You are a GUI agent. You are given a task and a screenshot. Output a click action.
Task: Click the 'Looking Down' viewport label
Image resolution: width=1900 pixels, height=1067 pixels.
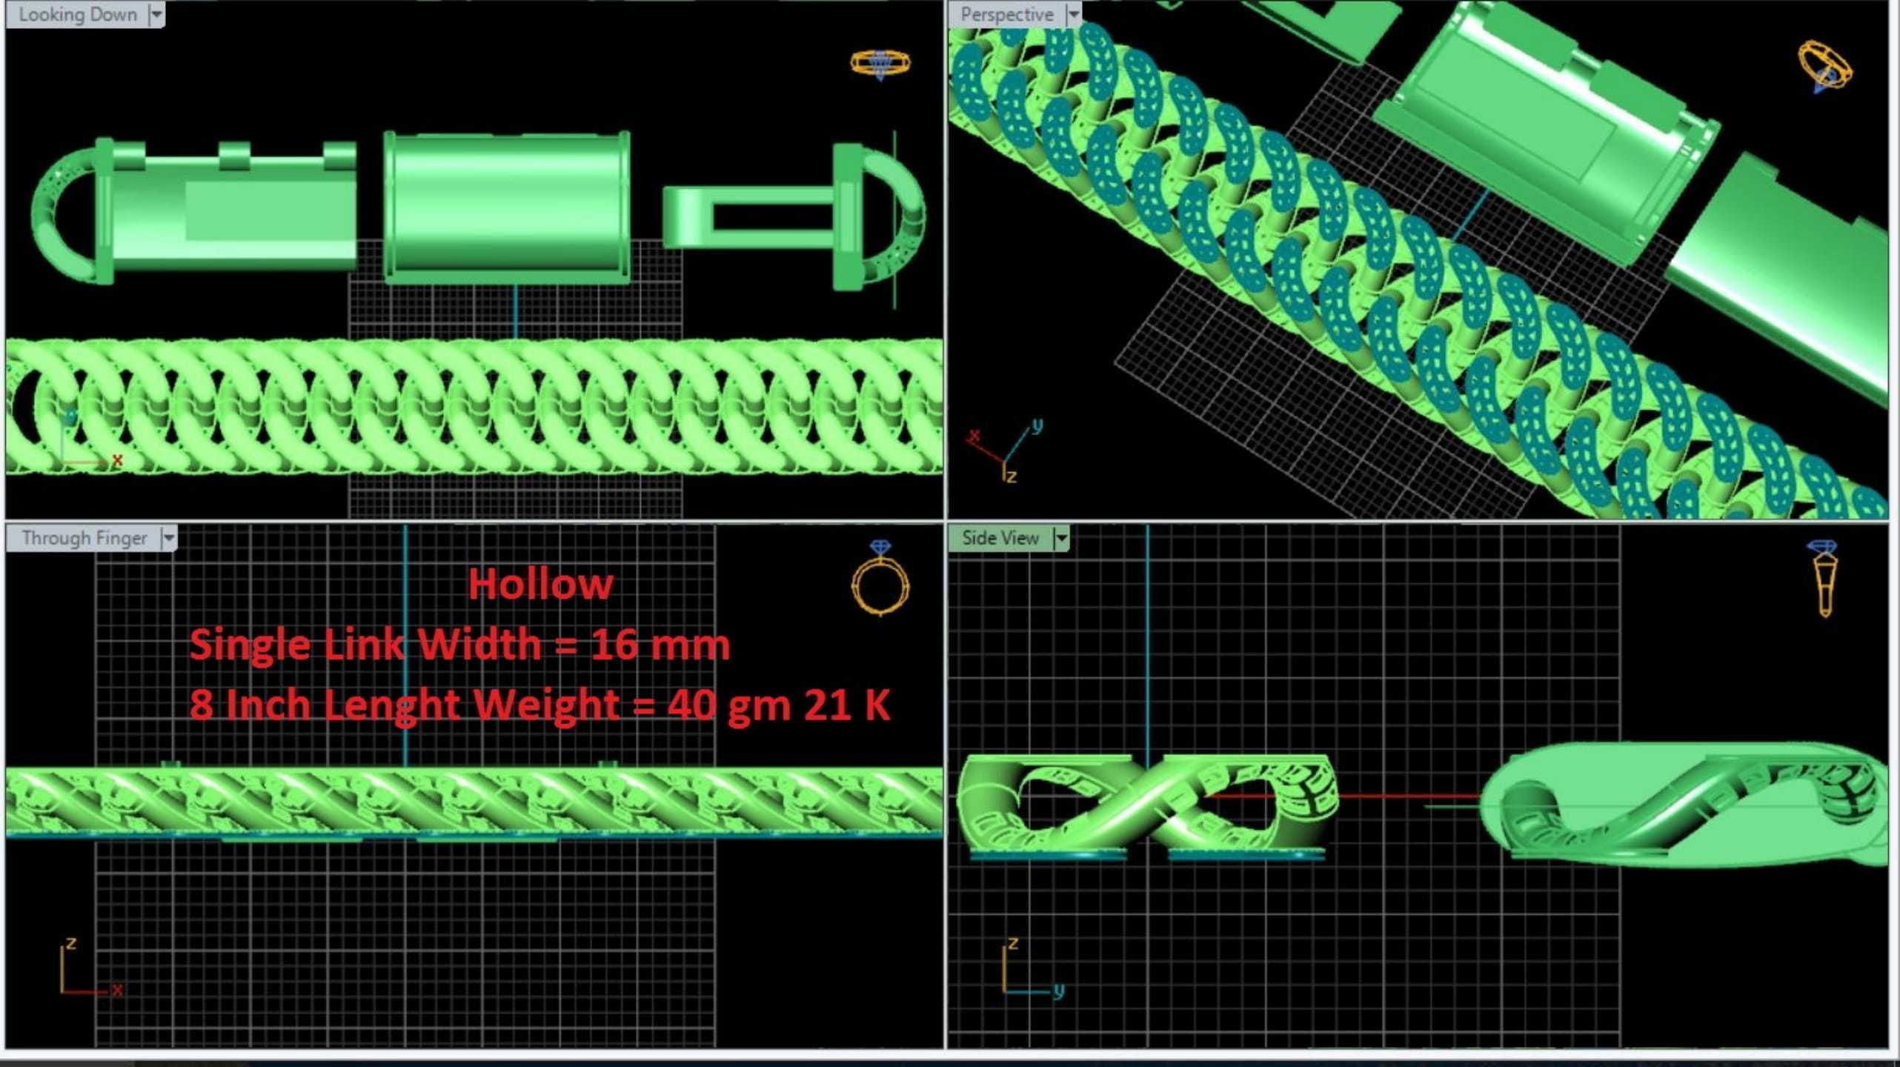point(77,15)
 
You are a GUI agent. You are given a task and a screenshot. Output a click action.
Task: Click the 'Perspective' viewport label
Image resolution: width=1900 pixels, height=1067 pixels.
point(1006,15)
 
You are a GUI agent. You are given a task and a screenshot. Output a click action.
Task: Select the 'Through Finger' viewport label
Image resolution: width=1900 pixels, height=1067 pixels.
point(84,538)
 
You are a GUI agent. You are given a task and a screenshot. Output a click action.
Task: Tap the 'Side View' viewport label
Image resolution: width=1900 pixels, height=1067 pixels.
point(1000,538)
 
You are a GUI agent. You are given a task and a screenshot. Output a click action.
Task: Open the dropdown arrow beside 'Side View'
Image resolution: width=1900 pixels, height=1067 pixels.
point(1062,538)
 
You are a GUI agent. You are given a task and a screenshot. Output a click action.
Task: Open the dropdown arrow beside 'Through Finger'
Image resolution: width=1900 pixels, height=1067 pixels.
point(169,538)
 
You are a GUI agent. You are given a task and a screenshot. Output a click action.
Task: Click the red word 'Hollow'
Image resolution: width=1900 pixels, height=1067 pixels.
point(540,585)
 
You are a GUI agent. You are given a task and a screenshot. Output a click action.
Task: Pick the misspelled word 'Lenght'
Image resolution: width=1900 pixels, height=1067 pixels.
point(392,704)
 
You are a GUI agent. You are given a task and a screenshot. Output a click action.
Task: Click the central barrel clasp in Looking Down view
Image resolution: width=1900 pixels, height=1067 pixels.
point(507,207)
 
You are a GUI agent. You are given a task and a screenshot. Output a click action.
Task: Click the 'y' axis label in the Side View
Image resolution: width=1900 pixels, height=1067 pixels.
point(1058,990)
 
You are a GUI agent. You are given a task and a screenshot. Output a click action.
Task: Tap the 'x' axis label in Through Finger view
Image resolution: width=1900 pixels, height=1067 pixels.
point(116,990)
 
